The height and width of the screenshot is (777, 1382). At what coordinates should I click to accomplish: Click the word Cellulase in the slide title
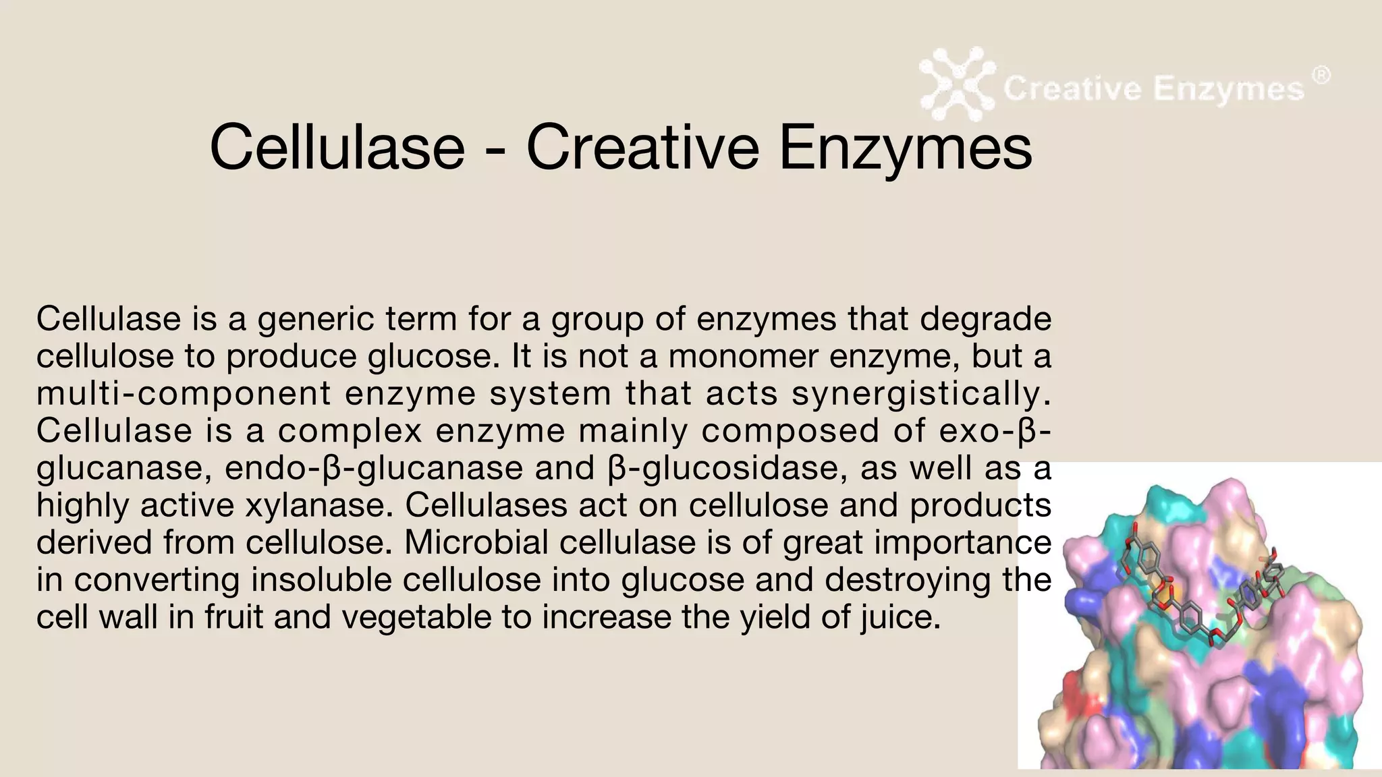[x=337, y=147]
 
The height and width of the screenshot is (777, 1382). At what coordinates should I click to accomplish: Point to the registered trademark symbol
[x=1321, y=76]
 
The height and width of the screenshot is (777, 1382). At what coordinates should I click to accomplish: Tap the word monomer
[x=743, y=356]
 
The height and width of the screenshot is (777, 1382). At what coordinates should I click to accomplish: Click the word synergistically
[x=921, y=394]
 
